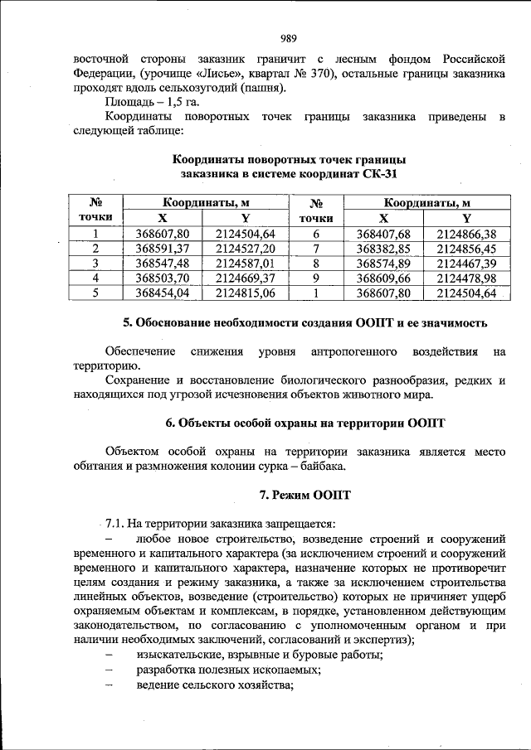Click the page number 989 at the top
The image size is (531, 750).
pos(289,37)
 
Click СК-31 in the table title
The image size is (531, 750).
pos(378,174)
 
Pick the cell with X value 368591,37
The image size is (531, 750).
pos(163,249)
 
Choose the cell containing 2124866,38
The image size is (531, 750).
pos(465,234)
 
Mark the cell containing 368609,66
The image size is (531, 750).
pos(383,278)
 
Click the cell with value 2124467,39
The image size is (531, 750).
pos(465,264)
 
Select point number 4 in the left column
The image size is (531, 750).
pos(95,278)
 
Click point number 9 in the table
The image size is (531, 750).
pos(316,278)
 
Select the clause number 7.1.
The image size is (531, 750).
pos(114,524)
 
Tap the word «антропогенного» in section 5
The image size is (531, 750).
pos(352,351)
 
